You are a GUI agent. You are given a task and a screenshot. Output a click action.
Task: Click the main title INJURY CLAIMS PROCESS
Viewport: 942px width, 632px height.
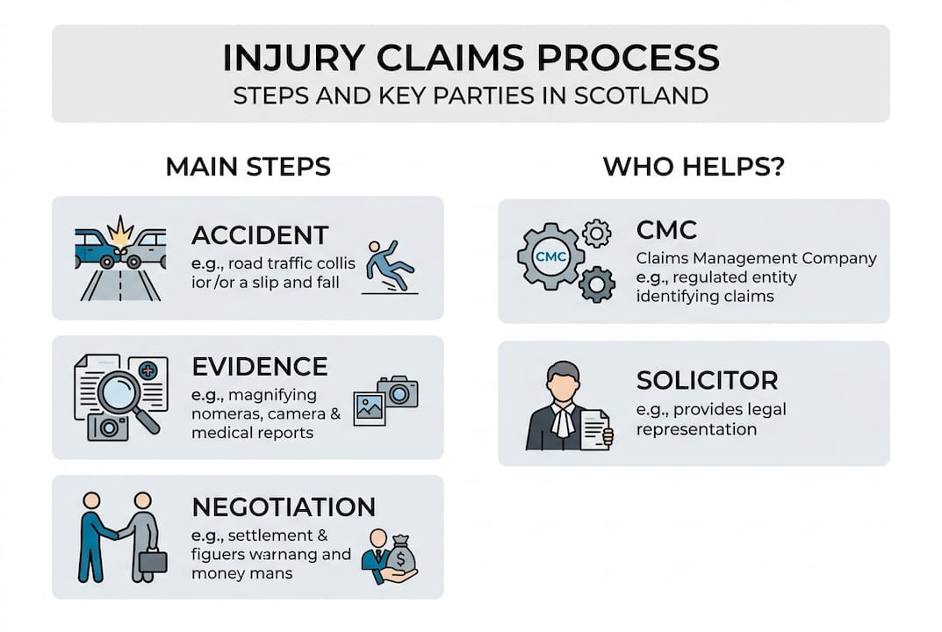click(x=471, y=57)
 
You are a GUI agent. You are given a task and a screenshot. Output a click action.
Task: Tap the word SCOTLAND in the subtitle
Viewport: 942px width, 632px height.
click(x=640, y=95)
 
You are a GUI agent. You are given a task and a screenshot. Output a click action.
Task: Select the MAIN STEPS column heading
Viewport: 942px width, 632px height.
click(x=248, y=167)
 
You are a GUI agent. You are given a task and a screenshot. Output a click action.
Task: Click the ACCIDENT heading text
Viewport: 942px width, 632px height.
click(x=260, y=235)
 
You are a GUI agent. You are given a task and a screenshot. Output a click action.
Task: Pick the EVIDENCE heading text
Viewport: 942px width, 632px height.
click(x=260, y=366)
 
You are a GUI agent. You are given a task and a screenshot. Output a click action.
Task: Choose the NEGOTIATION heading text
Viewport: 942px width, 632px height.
click(x=283, y=506)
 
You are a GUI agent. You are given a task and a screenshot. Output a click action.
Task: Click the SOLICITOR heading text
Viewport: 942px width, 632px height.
click(x=708, y=381)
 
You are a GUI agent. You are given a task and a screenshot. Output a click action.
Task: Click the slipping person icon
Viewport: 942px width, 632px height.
click(x=384, y=262)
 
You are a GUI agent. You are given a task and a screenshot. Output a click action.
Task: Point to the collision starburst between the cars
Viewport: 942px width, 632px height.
click(x=119, y=232)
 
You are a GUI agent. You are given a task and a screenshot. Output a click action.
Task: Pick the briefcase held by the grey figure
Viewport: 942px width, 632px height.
click(x=152, y=561)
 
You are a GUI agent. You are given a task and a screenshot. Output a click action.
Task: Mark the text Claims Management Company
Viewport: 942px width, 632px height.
click(x=756, y=258)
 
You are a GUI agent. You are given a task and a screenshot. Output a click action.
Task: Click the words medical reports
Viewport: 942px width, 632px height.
click(x=252, y=433)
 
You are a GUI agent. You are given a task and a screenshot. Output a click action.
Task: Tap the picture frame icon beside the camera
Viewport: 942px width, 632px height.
click(x=370, y=408)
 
